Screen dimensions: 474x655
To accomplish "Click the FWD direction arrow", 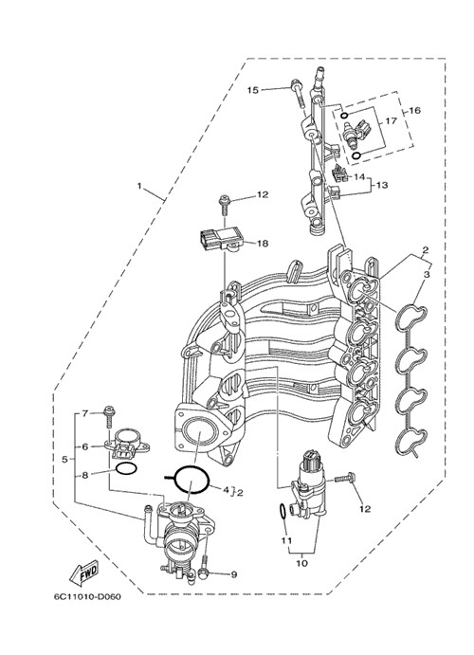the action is click(x=83, y=573).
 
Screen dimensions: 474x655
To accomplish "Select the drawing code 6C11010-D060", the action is click(x=87, y=596).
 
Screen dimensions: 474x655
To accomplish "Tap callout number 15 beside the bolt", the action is click(x=253, y=90).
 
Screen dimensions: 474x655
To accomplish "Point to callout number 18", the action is click(x=263, y=243).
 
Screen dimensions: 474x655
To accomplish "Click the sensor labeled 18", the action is click(x=222, y=241).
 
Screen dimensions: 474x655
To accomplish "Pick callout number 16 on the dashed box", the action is click(x=414, y=110).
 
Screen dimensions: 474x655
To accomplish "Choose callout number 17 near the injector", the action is click(x=391, y=121).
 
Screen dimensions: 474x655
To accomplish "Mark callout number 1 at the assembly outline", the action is click(x=139, y=185).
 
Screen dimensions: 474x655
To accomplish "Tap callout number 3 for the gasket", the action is click(x=427, y=275).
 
